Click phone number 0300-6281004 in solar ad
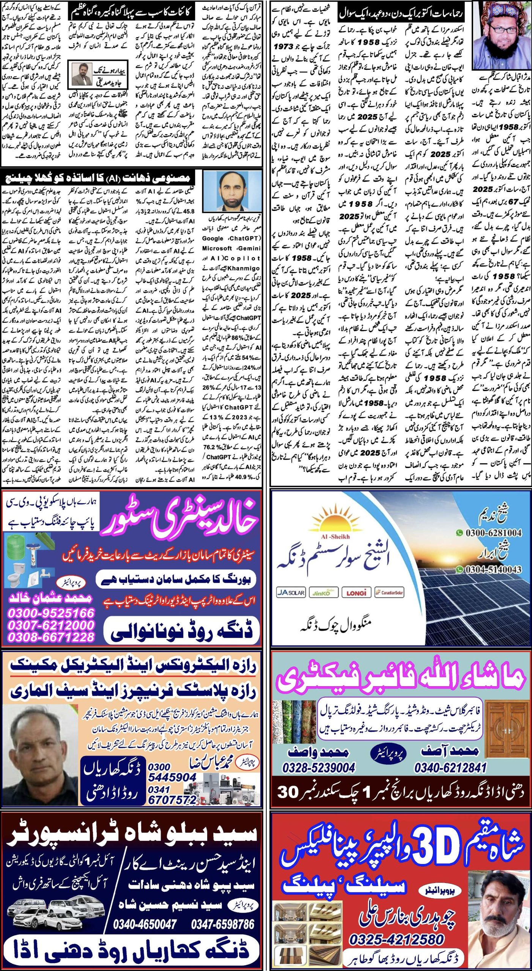493,533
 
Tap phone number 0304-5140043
493,569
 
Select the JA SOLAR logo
291,592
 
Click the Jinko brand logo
323,592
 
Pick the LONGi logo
356,592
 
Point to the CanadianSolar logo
389,592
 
